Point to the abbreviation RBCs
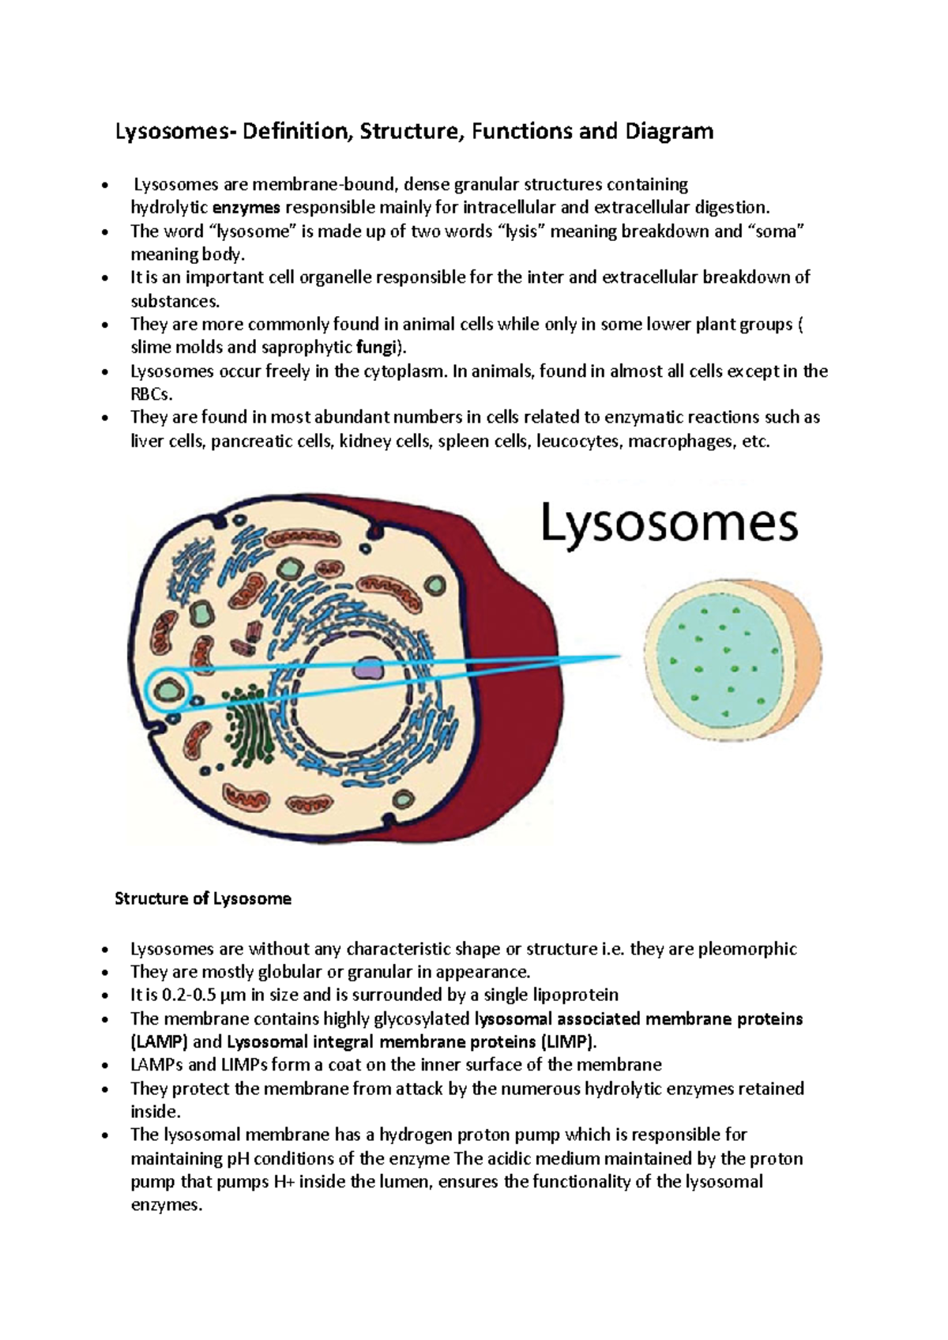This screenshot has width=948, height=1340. [150, 394]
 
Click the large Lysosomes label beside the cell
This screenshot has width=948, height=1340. [669, 524]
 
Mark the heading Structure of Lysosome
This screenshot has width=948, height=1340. [203, 898]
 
